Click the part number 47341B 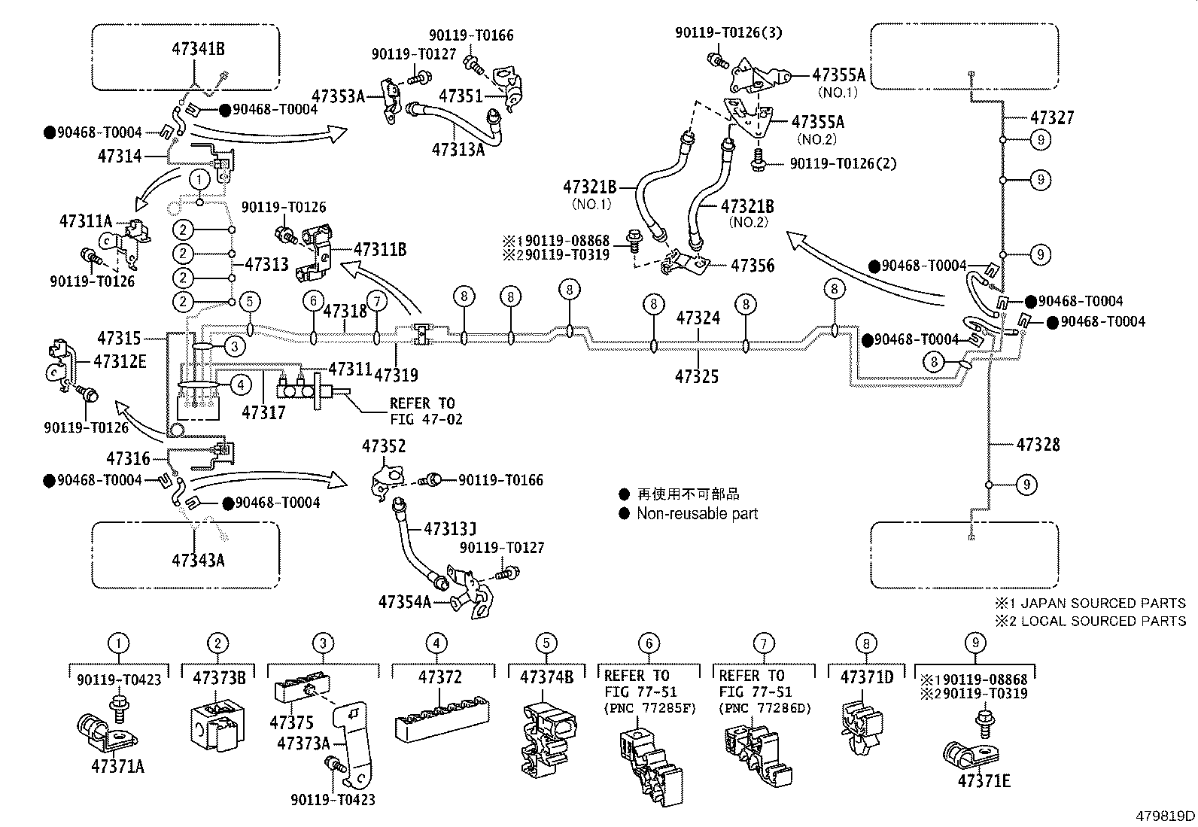tap(198, 49)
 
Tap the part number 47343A tap(198, 560)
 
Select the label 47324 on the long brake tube tap(698, 318)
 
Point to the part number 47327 tap(1052, 117)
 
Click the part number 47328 tap(1038, 444)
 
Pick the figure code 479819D tap(1165, 816)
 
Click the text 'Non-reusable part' tap(698, 513)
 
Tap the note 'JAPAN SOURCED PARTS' tap(1103, 603)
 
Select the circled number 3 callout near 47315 tap(234, 347)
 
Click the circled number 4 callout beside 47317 tap(241, 384)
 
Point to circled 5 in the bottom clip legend tap(546, 643)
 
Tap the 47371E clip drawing tap(971, 754)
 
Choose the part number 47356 tap(753, 266)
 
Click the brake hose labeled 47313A tap(454, 124)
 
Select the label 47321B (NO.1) tap(590, 193)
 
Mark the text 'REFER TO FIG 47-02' tap(426, 411)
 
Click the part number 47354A tap(405, 602)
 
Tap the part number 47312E tap(120, 362)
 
